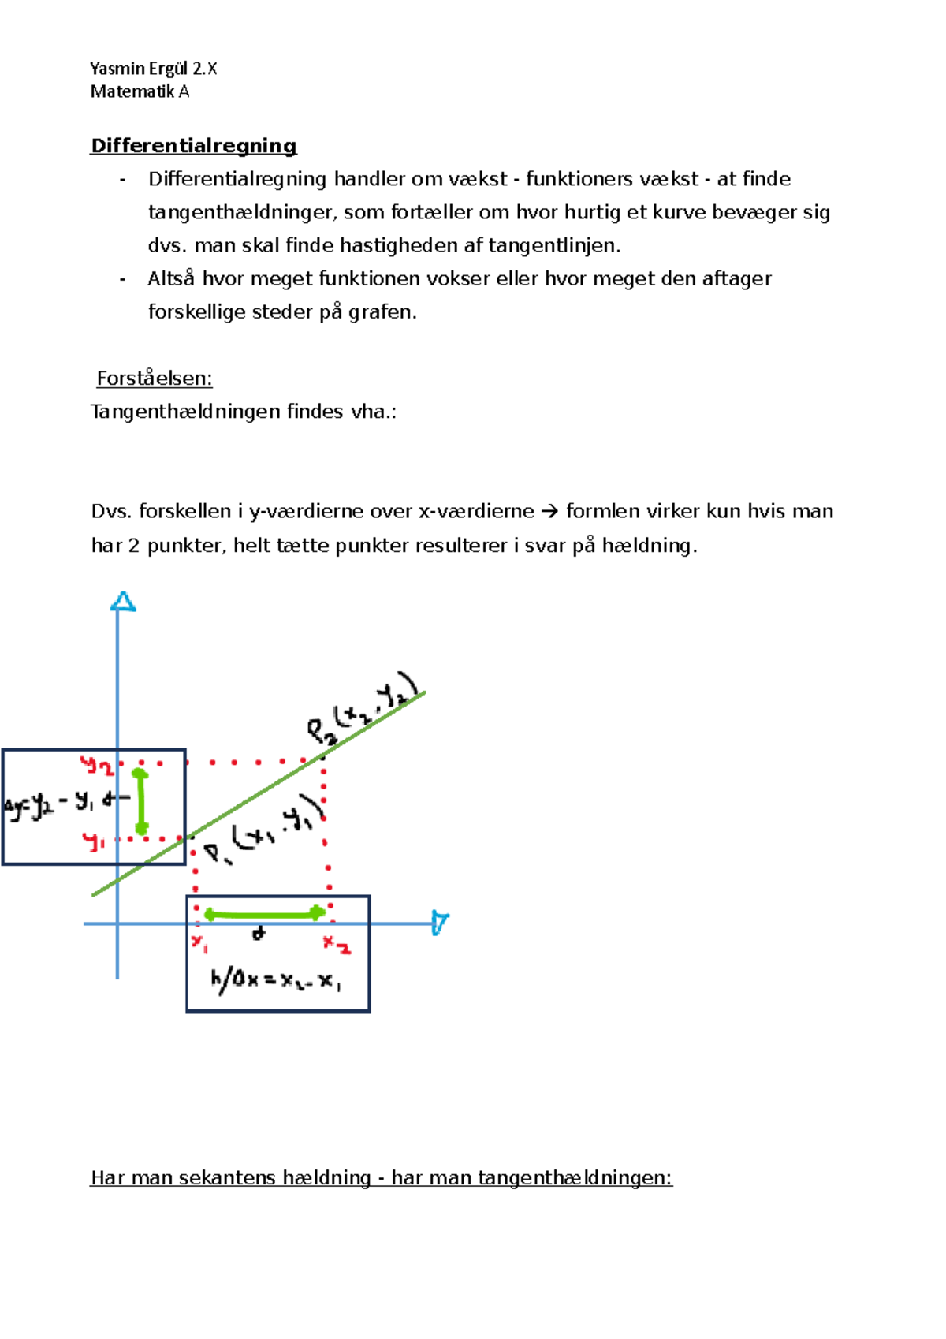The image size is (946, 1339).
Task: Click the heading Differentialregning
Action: pos(194,146)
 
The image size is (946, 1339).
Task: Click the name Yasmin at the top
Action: pos(116,69)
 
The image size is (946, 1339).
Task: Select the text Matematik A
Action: pos(140,91)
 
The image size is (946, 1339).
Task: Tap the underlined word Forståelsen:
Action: pos(155,379)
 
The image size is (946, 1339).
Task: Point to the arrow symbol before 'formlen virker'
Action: pos(550,512)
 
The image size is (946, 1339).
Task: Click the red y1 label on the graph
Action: pos(95,842)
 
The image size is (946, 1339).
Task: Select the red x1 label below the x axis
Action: pos(199,942)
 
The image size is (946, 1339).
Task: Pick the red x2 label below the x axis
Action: pos(337,944)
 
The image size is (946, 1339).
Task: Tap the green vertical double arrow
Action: pos(141,802)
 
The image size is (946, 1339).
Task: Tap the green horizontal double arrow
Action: pos(265,914)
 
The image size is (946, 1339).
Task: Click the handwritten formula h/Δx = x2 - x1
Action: pos(275,982)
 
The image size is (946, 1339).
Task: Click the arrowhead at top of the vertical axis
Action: pos(123,602)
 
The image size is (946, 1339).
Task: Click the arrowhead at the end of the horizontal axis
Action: pos(440,923)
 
